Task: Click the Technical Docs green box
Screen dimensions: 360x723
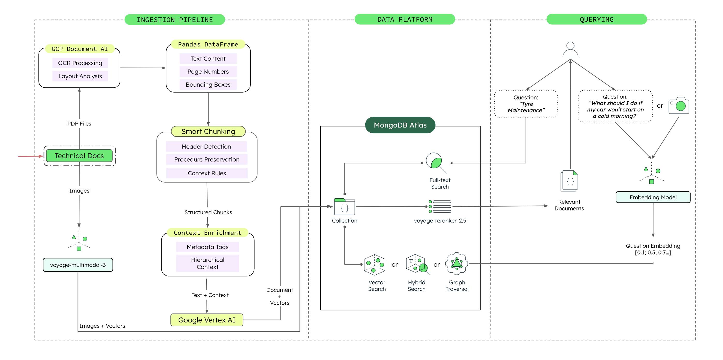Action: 79,156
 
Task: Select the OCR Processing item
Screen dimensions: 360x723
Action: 80,63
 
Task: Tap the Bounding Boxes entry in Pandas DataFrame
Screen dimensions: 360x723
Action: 208,85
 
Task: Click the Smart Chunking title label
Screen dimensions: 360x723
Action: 208,131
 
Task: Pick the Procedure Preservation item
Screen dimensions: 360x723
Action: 206,159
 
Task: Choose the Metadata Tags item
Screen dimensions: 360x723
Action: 208,247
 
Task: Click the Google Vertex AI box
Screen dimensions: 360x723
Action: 206,320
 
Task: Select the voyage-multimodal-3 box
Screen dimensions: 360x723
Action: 78,265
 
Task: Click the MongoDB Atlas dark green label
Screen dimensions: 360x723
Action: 400,125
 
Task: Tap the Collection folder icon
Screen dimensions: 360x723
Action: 344,207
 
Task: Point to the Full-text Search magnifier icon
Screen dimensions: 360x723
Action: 435,162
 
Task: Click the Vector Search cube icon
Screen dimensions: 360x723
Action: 374,265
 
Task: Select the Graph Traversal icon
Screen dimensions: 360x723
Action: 457,264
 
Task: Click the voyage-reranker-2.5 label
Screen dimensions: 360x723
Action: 440,221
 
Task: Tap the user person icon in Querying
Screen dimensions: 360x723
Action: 570,50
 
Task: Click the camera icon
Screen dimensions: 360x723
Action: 678,106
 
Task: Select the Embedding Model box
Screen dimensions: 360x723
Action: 653,197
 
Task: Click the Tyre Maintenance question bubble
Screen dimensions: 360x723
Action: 526,104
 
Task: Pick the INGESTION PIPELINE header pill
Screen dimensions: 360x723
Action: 175,20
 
